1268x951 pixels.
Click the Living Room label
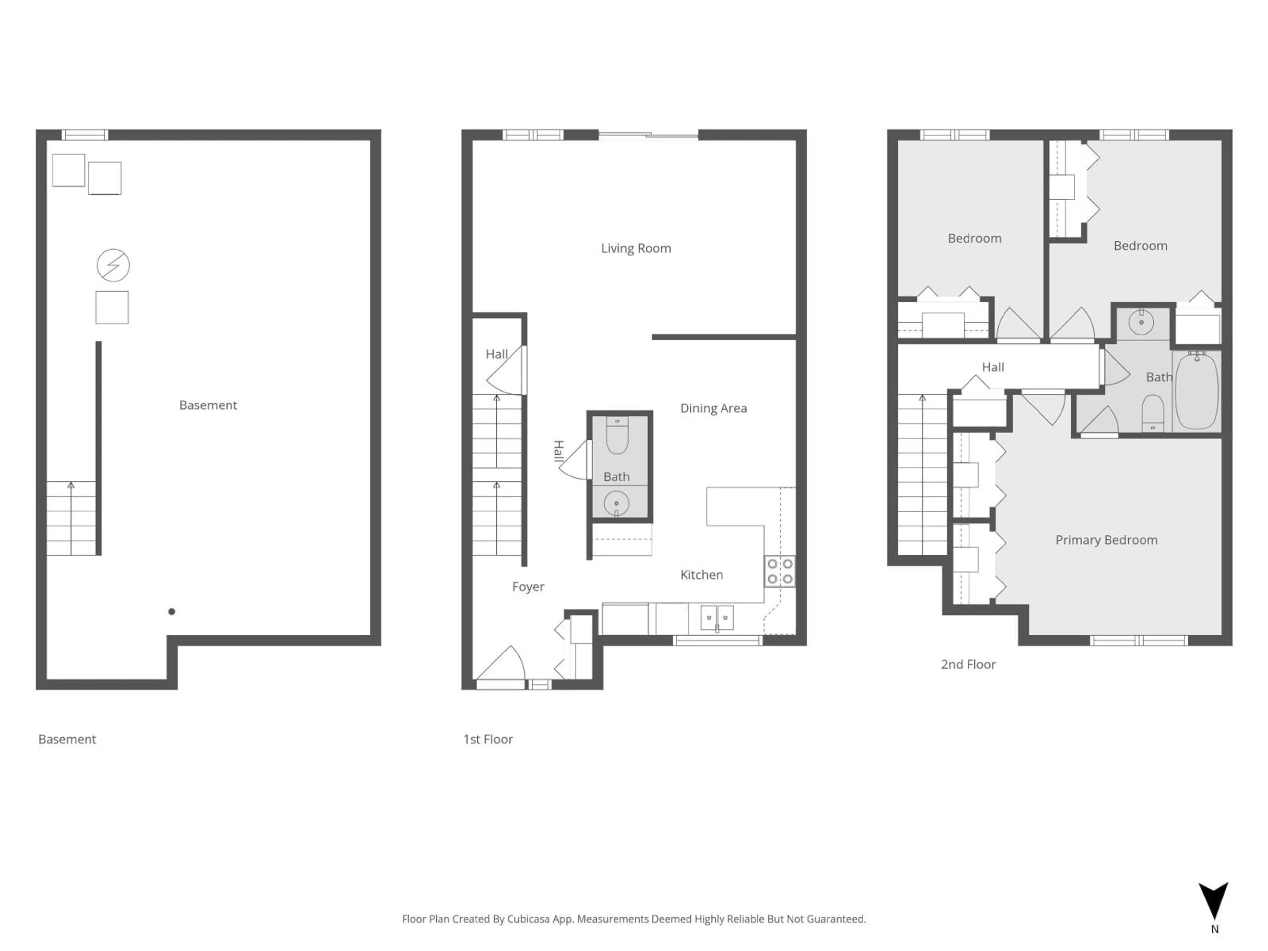[x=636, y=248]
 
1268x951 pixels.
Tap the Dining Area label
[x=713, y=408]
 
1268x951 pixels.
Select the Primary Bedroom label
[x=1106, y=540]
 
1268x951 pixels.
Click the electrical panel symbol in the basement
[x=113, y=265]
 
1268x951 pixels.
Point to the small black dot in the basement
[x=171, y=611]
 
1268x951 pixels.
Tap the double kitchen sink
[x=717, y=617]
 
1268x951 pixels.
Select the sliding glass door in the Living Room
[x=648, y=135]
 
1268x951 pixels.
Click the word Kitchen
[x=701, y=574]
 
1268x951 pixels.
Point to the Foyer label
[x=528, y=586]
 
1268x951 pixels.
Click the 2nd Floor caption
[x=968, y=664]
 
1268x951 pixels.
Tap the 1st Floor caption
[x=488, y=739]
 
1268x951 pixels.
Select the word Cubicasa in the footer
[x=528, y=919]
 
